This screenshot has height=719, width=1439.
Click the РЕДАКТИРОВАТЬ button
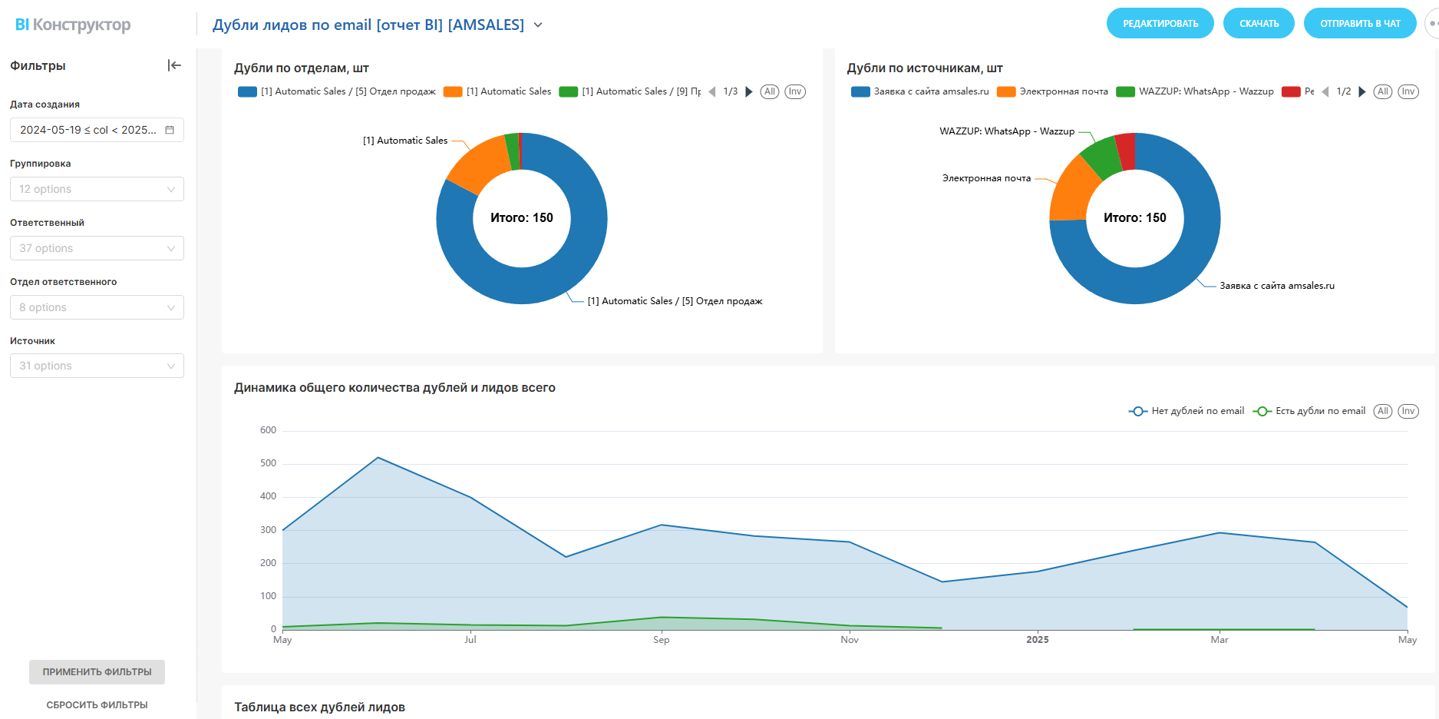pos(1160,24)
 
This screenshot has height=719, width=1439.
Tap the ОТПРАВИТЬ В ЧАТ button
pos(1359,24)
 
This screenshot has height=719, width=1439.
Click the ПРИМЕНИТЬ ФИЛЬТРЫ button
pos(97,672)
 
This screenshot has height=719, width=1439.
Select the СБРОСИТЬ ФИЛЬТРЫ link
pos(97,705)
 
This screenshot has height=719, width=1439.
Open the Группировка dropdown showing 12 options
pos(97,189)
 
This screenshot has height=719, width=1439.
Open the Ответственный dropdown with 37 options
pos(97,248)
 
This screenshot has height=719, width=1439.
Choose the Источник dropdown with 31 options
pos(97,366)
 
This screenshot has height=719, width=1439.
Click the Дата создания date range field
pos(97,130)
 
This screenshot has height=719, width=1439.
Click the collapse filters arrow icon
pos(174,65)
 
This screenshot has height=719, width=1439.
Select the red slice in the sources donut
pos(1126,151)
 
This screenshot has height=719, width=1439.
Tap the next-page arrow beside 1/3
pos(749,91)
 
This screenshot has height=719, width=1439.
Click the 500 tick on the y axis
pos(268,463)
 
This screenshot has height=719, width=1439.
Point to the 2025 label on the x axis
pos(1037,640)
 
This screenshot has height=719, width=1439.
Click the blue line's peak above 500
pos(378,458)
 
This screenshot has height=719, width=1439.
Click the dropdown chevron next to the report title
pos(538,25)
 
